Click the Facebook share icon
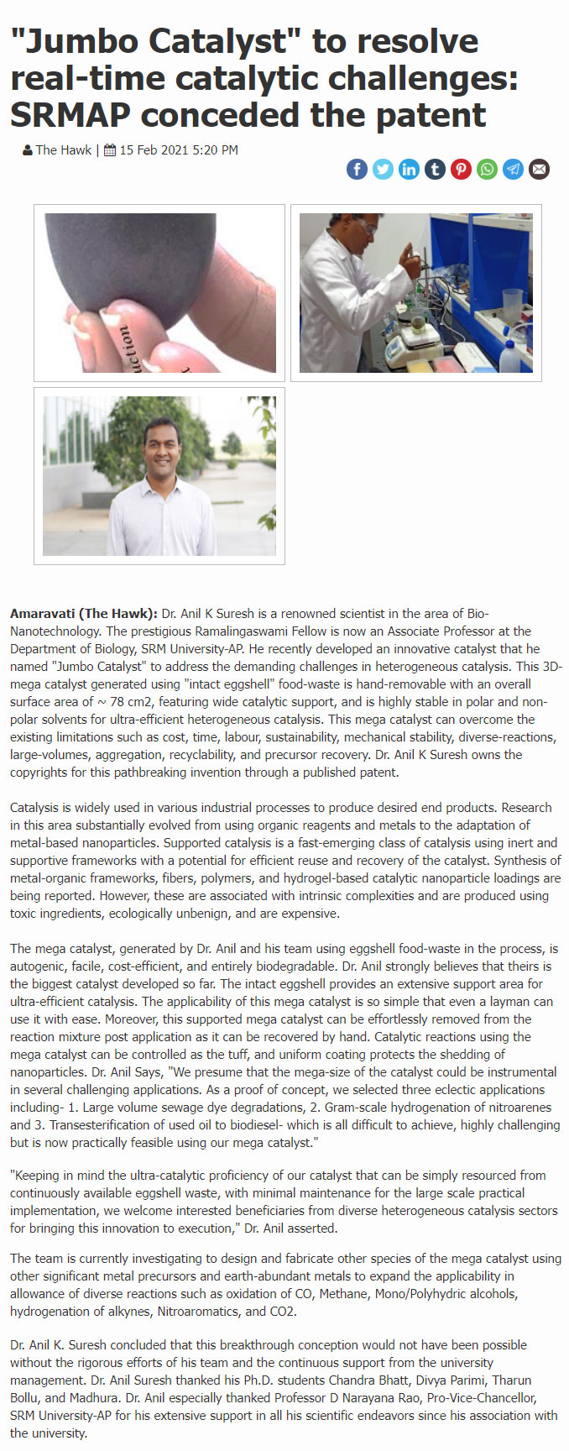click(357, 170)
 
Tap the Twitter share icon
click(383, 170)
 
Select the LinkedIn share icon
click(409, 170)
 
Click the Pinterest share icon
click(461, 170)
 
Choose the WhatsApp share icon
click(487, 170)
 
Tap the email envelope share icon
click(540, 170)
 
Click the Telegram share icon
click(513, 170)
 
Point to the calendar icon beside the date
click(110, 150)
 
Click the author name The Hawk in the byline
click(63, 150)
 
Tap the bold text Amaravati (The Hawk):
click(84, 614)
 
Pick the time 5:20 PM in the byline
click(216, 150)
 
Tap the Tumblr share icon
click(435, 170)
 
